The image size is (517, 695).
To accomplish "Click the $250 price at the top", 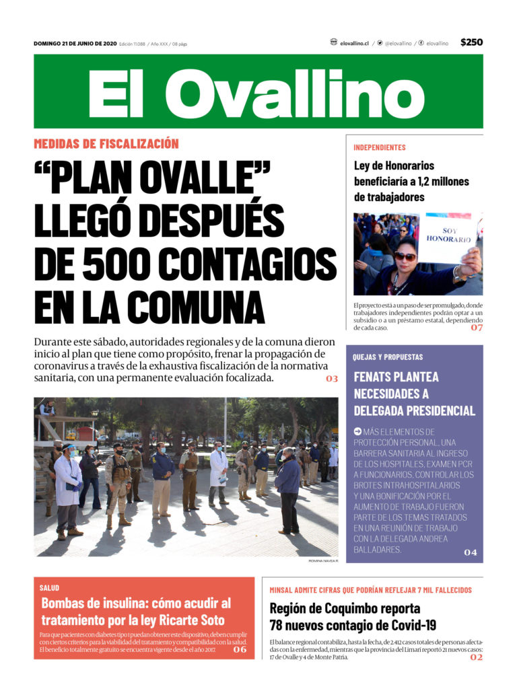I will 471,42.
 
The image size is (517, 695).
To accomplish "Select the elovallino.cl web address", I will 354,43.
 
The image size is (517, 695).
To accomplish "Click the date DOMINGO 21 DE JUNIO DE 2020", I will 75,44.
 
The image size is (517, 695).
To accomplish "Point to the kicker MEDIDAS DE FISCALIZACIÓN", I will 106,143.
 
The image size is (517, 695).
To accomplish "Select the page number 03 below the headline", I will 332,379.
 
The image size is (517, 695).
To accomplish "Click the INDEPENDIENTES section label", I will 380,147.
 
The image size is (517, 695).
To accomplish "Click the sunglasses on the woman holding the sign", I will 406,256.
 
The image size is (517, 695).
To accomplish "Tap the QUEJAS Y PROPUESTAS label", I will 388,357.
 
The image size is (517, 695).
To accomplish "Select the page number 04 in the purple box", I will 470,552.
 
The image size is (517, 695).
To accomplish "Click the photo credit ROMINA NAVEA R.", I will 323,560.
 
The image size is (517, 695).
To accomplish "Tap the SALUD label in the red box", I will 49,587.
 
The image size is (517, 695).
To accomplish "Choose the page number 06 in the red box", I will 240,649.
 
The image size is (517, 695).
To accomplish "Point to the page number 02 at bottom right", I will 477,657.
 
